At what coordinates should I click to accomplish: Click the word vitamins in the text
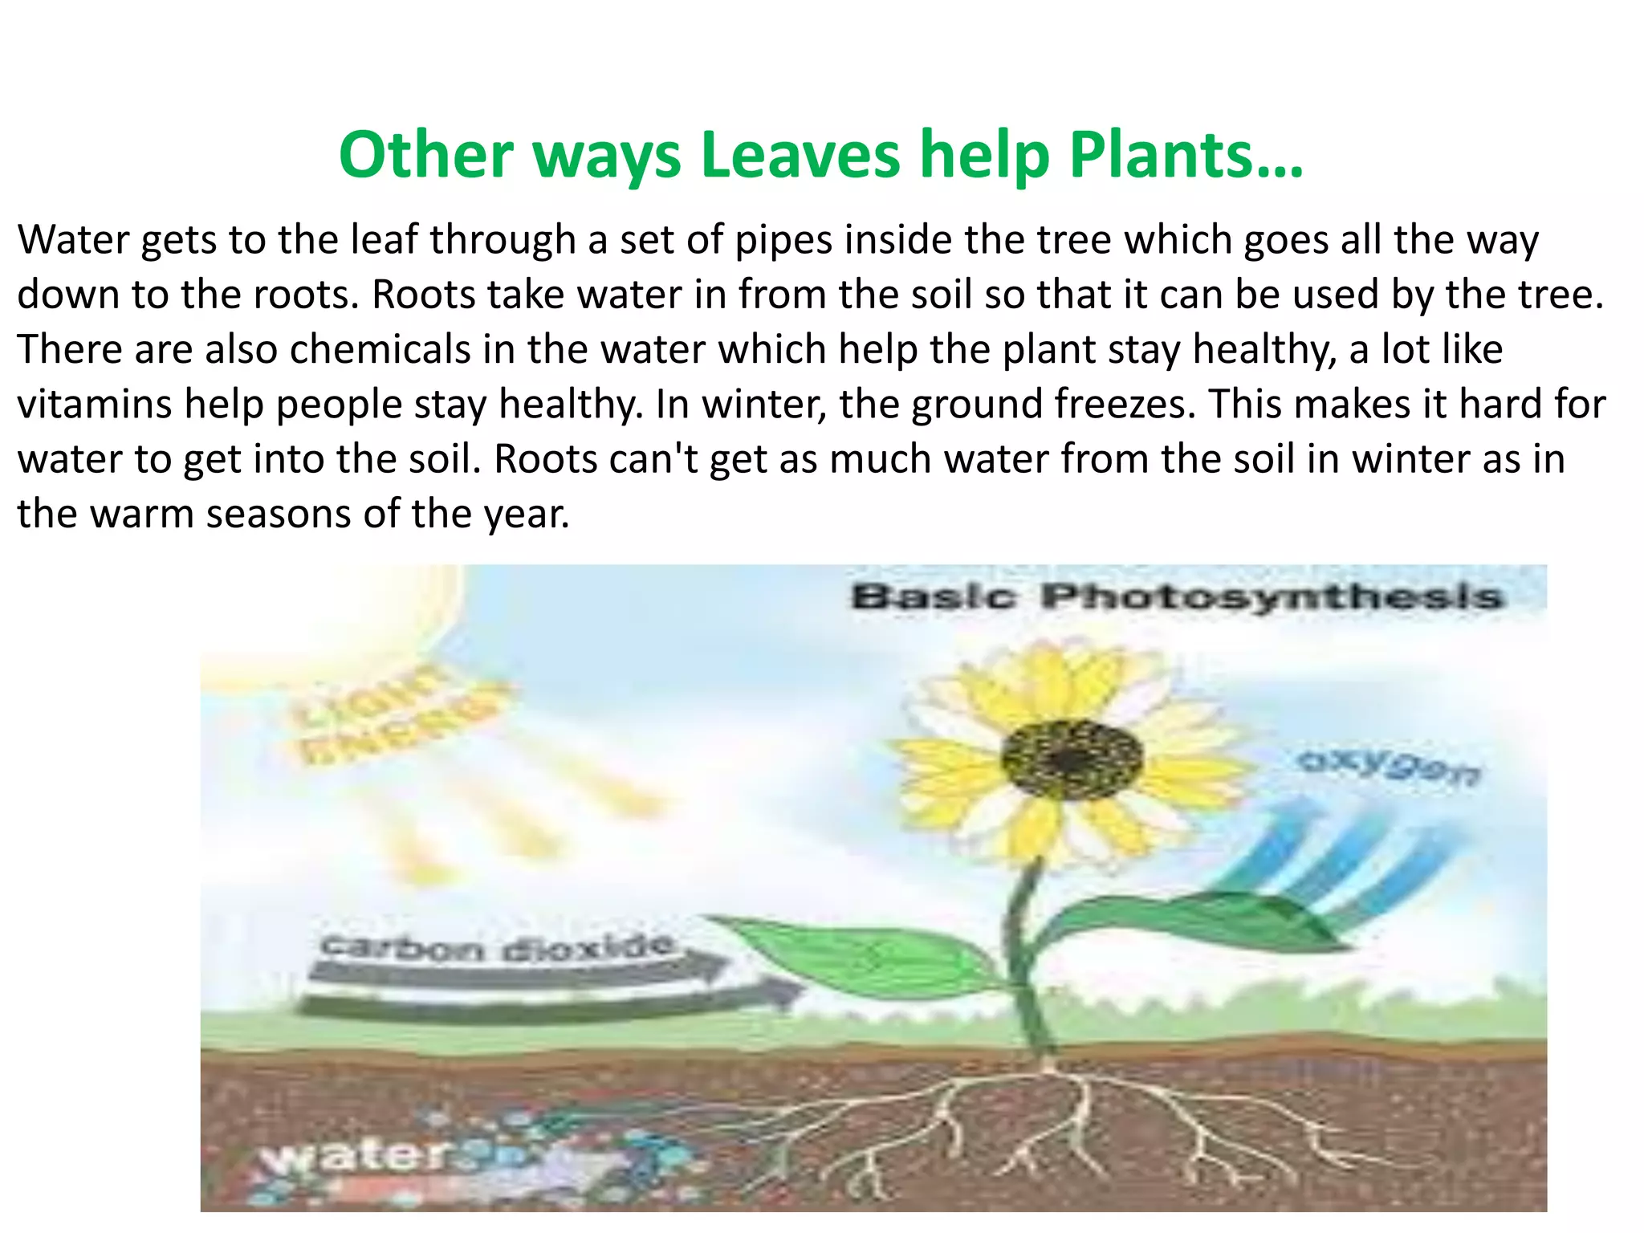coord(94,404)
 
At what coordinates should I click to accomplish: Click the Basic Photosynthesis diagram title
coord(1175,597)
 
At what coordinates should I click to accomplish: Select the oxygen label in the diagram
coord(1390,767)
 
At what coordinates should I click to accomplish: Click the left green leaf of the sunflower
coord(867,956)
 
